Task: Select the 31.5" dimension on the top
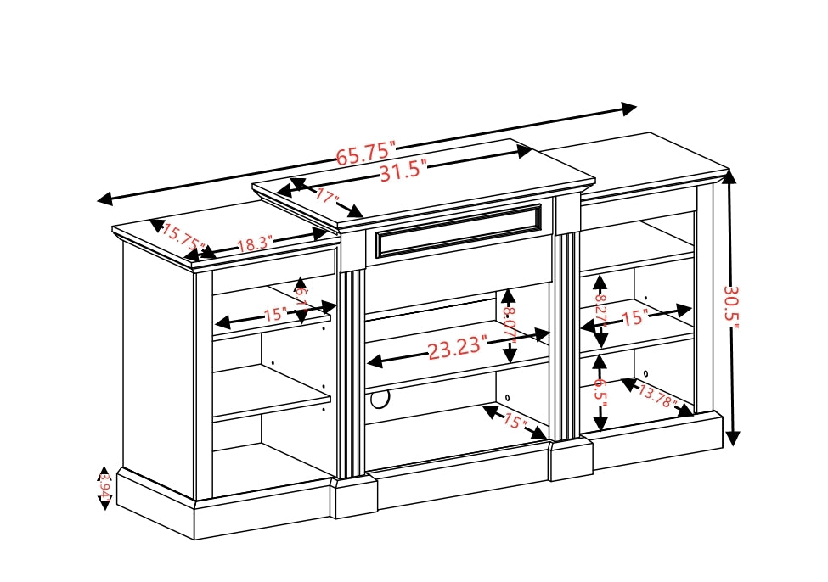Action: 402,171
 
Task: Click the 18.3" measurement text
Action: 253,245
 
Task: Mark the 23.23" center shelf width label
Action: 457,348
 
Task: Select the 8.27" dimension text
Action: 600,311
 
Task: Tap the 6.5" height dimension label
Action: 600,393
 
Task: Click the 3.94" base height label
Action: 104,488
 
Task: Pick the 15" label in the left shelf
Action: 275,315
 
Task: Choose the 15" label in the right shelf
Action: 635,319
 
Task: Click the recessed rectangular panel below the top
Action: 459,230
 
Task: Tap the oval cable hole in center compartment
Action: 380,397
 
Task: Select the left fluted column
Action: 352,373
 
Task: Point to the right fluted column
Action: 565,335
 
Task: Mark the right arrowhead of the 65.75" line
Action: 629,109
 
